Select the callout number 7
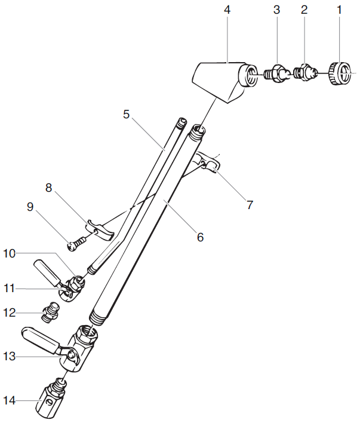pyautogui.click(x=249, y=205)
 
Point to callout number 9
pyautogui.click(x=30, y=207)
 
